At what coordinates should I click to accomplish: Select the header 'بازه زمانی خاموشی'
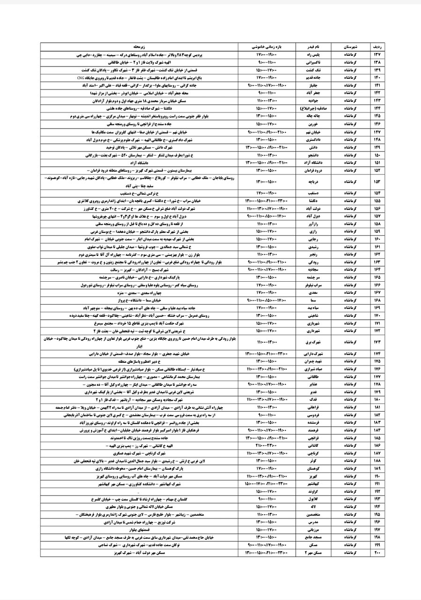pyautogui.click(x=267, y=47)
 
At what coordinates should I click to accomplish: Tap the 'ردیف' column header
pyautogui.click(x=377, y=47)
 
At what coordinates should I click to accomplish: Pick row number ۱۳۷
pyautogui.click(x=377, y=55)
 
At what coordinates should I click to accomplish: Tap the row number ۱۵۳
pyautogui.click(x=377, y=181)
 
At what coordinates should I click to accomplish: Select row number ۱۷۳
pyautogui.click(x=377, y=342)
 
